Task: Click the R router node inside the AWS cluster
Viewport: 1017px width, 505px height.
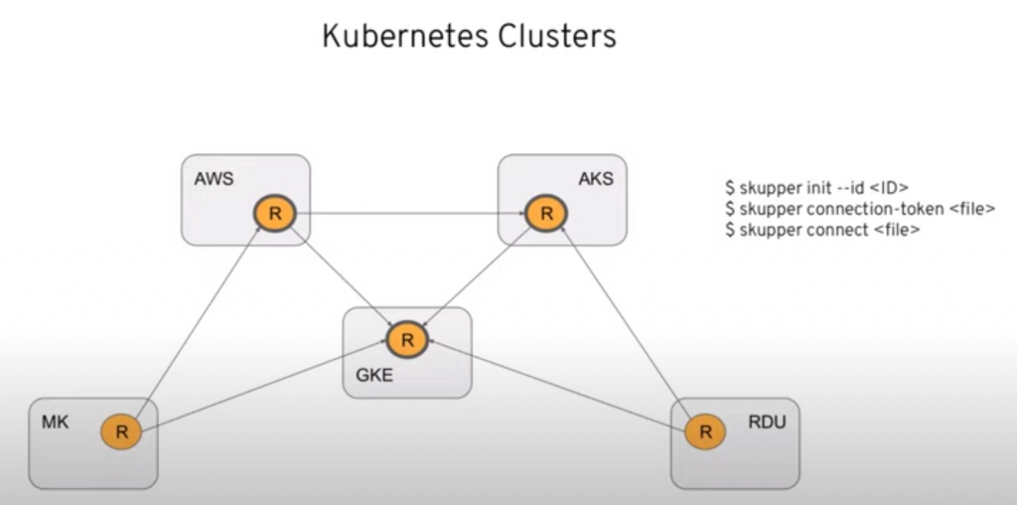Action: [x=274, y=213]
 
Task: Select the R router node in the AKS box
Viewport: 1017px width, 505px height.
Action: [x=545, y=213]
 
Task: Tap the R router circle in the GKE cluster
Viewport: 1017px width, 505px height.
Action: [x=406, y=339]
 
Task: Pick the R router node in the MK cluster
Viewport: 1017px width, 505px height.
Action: [x=121, y=431]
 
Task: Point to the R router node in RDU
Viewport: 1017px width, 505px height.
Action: [x=705, y=431]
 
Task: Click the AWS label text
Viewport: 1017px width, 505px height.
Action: [x=213, y=179]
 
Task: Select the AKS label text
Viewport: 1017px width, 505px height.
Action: [x=596, y=179]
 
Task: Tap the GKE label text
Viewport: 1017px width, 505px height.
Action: [x=374, y=377]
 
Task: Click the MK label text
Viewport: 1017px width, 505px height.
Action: [x=54, y=422]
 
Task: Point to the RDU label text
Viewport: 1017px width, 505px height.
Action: [x=766, y=422]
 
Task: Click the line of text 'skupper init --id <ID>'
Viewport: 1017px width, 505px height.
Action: [x=816, y=187]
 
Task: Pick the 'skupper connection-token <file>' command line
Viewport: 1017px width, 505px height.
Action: [x=859, y=209]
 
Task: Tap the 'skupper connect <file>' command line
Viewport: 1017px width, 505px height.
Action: [x=822, y=230]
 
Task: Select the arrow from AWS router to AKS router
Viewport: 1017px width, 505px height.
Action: [x=409, y=213]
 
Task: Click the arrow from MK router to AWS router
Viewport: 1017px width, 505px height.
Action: [x=197, y=323]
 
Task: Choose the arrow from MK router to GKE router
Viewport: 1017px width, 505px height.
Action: [x=263, y=386]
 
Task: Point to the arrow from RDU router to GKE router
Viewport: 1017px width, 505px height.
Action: [x=556, y=386]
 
